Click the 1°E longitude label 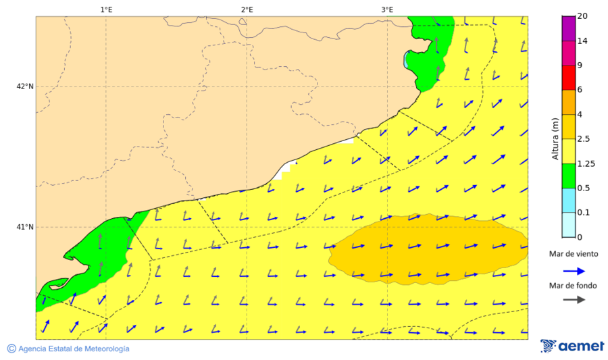coord(106,9)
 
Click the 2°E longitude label coord(247,9)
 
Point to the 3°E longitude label coord(387,9)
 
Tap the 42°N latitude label coord(25,86)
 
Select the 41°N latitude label coord(25,227)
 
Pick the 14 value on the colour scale coord(582,41)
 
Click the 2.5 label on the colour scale coord(584,138)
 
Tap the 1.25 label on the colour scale coord(586,163)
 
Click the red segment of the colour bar coord(568,78)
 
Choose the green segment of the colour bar coord(568,176)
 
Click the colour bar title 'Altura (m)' coord(555,138)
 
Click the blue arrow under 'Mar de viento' coord(574,272)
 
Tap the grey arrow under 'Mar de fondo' coord(574,300)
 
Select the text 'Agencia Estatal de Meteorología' coord(74,349)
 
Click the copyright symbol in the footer coord(11,349)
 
